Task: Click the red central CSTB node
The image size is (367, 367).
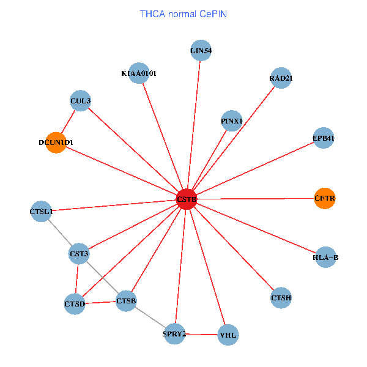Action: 187,199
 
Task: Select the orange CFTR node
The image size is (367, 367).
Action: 325,198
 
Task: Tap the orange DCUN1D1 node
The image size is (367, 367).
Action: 56,143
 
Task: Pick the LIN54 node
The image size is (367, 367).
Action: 201,51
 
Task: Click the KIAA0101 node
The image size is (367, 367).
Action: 139,73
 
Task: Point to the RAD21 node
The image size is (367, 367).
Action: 280,78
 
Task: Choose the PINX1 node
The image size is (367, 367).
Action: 232,121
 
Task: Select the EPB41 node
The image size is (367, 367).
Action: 323,138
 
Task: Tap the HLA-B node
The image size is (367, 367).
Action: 325,258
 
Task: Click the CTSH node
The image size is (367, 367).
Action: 281,298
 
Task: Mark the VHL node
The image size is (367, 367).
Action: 228,335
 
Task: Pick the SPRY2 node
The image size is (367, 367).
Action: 174,333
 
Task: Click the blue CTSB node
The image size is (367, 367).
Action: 126,300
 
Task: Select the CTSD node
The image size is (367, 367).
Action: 75,303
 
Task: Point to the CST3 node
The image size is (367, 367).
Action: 79,253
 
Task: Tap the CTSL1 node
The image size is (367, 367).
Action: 41,212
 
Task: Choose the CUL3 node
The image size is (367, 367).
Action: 81,101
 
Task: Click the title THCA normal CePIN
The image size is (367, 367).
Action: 183,13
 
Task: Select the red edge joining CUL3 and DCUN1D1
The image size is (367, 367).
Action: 69,121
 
